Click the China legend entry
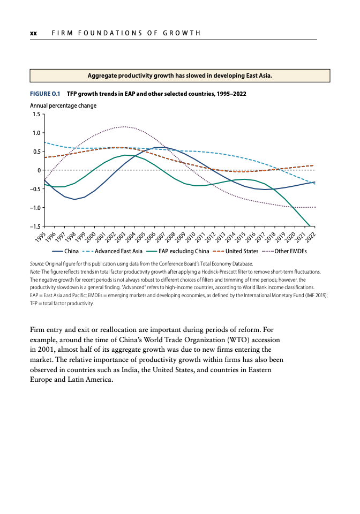click(65, 252)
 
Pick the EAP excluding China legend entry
click(177, 252)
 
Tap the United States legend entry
click(235, 252)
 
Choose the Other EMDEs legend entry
click(284, 252)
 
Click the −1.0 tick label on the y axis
click(35, 208)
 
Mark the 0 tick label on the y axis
click(39, 170)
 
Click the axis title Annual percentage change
click(63, 105)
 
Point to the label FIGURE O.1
click(45, 94)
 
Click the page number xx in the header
click(33, 33)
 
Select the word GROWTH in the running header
click(182, 33)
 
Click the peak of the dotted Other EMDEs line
click(124, 126)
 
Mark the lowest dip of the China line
click(75, 199)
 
